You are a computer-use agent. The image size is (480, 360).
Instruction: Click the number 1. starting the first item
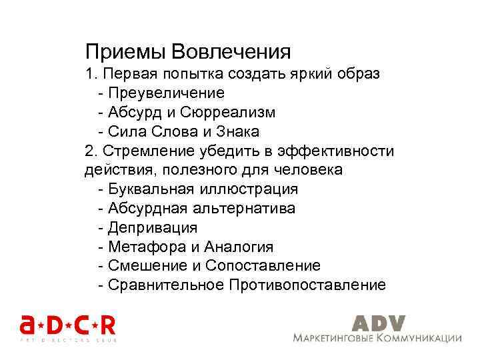(x=91, y=74)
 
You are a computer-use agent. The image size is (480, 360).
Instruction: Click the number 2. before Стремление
(x=91, y=151)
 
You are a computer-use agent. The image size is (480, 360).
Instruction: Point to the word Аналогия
(x=239, y=247)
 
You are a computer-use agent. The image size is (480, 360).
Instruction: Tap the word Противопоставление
(x=307, y=285)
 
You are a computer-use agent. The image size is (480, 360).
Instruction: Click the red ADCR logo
(x=67, y=326)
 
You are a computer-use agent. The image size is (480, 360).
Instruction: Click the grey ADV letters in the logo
(x=378, y=323)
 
